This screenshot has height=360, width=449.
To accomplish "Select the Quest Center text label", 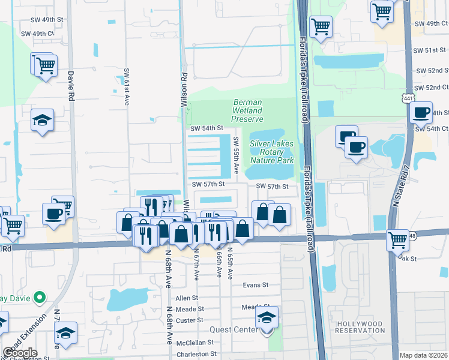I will [234, 329].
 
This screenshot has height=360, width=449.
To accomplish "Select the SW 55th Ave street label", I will [236, 155].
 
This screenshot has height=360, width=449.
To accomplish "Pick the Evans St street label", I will [255, 286].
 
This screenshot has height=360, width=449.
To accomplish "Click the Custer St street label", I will [191, 320].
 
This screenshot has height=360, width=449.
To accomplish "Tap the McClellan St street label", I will [194, 342].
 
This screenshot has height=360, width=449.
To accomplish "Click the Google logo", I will [20, 353].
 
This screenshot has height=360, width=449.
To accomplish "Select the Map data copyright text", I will [423, 355].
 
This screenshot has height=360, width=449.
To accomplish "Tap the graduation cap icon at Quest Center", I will [267, 319].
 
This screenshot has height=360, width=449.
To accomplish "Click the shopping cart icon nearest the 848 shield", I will [398, 240].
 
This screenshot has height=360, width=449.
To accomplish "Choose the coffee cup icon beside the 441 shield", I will [421, 112].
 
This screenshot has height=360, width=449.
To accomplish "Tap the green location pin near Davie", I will [40, 297].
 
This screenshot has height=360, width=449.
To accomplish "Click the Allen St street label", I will [187, 298].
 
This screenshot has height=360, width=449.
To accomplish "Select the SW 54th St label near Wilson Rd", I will [206, 128].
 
